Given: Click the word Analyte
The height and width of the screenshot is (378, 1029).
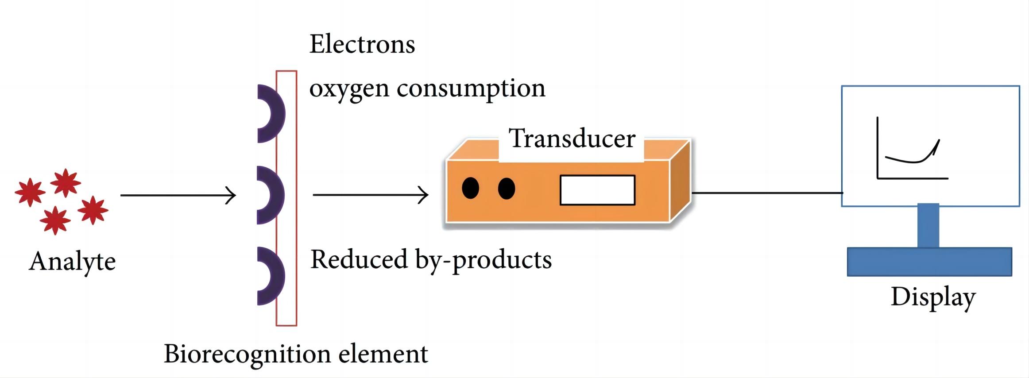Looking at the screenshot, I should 72,262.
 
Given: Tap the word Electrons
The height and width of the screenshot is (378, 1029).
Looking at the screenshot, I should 362,44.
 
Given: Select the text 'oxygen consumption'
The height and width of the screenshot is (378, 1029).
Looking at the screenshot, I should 427,89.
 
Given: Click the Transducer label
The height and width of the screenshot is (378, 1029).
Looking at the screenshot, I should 572,138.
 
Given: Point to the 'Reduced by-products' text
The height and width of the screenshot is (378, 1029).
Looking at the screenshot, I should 431,260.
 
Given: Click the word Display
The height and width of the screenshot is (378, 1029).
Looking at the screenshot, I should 933,297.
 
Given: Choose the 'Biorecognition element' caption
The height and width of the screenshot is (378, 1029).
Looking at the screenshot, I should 296,354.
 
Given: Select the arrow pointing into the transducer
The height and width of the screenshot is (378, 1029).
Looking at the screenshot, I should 370,195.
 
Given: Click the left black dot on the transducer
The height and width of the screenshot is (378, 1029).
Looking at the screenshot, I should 470,188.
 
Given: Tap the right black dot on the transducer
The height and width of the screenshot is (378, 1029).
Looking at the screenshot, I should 507,189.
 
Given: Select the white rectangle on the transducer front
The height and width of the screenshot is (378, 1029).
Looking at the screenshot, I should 597,190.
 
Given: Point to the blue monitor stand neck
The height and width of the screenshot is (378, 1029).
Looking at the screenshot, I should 928,226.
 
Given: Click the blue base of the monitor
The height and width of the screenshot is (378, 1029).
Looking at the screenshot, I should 929,262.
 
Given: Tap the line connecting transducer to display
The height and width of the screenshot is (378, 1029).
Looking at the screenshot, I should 766,193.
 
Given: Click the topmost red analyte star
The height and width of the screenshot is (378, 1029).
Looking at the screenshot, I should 66,182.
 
